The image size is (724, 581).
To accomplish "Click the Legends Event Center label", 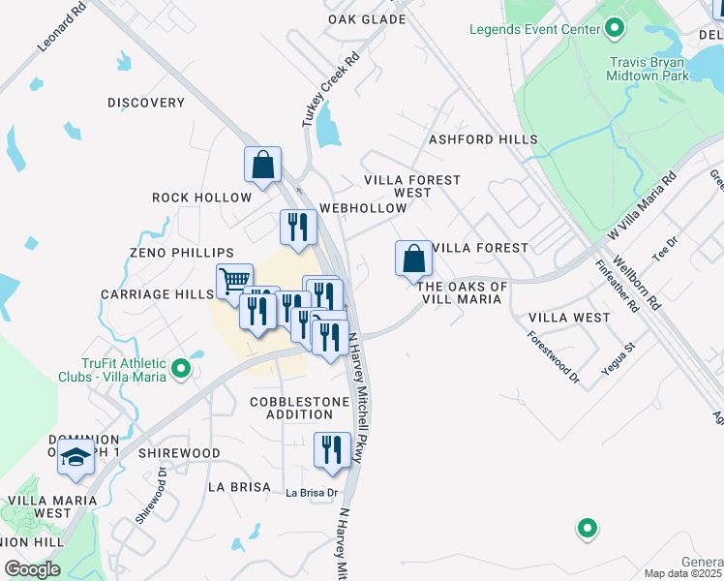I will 535,29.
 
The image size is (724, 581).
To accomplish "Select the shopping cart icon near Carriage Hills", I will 234,281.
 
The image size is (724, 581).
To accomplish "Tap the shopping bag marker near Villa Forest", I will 413,259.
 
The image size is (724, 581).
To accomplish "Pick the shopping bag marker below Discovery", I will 262,165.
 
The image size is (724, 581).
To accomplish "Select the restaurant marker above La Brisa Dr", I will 332,449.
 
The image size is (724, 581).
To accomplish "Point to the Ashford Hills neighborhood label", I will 483,139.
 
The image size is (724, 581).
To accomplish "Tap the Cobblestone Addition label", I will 291,408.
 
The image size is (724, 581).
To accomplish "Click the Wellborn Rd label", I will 643,282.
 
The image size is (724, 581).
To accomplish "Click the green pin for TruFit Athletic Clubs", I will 180,368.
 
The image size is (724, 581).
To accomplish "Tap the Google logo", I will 32,569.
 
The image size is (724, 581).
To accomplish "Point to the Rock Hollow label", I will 201,198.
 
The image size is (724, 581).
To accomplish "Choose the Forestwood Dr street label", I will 553,357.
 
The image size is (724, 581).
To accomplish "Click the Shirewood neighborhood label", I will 179,453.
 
